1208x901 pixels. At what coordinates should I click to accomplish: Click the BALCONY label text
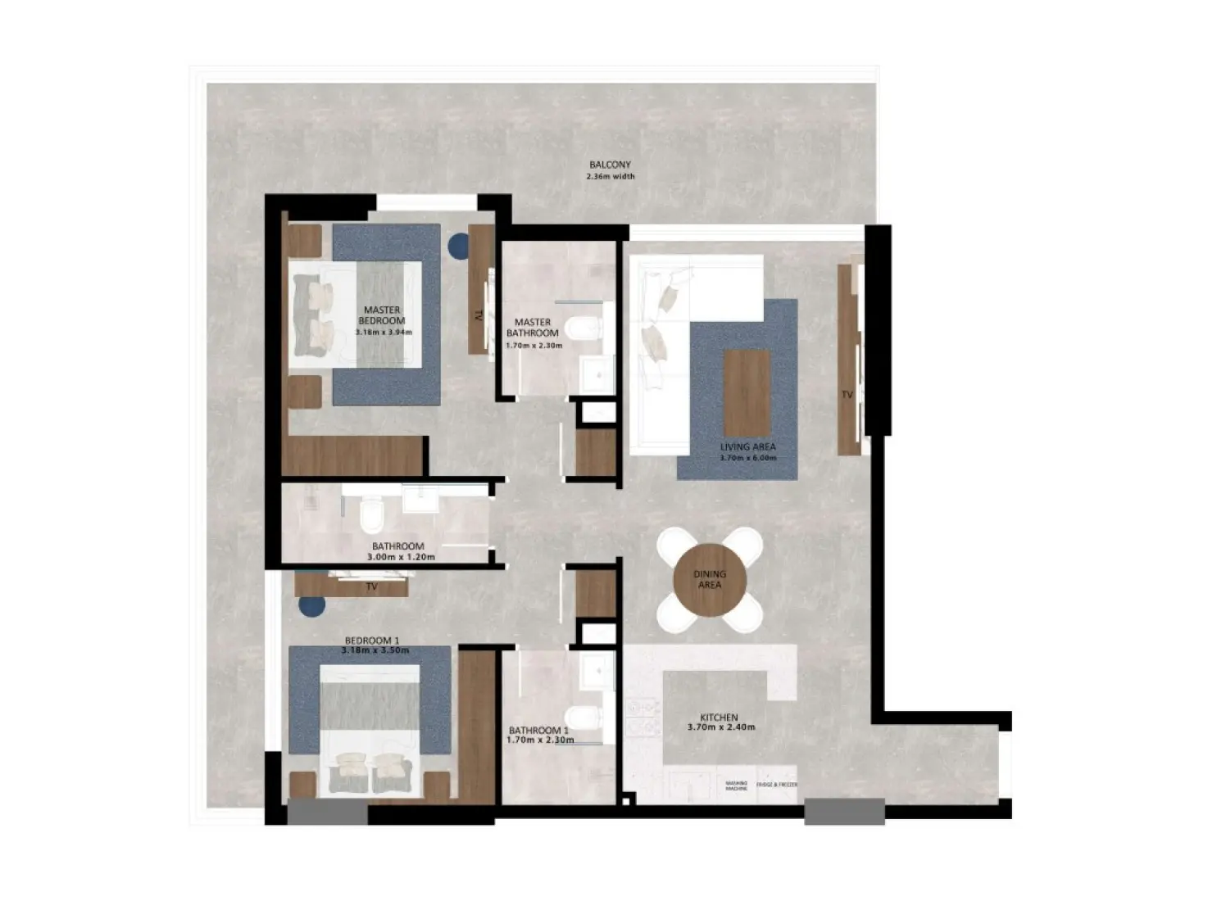coord(610,165)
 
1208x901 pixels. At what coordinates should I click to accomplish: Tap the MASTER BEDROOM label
coord(382,315)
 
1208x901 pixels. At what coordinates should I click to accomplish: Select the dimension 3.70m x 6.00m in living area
coord(747,458)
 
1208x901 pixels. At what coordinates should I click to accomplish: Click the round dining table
coord(710,580)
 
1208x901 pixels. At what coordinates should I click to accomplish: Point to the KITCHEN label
coord(719,717)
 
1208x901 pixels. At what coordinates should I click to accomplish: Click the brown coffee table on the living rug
coord(747,392)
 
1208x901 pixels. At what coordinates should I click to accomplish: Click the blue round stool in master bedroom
coord(458,244)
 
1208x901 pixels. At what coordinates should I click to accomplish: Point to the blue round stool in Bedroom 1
coord(311,605)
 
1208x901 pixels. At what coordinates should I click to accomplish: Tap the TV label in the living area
coord(847,395)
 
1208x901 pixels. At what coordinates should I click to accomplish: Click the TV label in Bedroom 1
coord(371,586)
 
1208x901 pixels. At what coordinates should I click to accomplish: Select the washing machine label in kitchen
coord(736,786)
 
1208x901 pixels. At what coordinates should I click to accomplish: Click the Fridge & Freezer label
coord(777,785)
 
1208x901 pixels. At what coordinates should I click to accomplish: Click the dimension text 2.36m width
coord(611,176)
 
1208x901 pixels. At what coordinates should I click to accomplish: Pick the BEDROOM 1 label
coord(372,640)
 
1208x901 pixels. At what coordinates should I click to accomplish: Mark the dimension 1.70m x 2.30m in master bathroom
coord(534,345)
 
